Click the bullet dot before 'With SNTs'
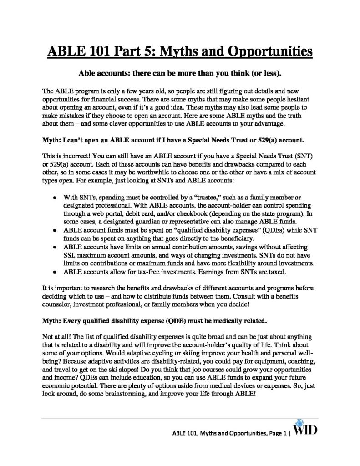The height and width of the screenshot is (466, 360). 55,198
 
